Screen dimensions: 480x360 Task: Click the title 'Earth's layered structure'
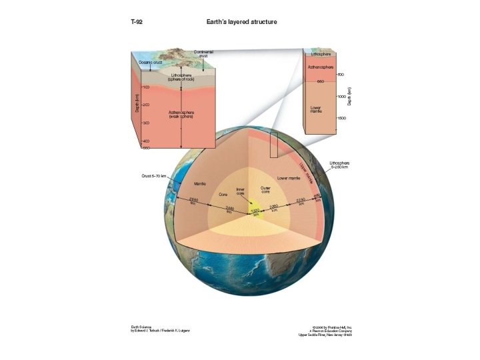[x=241, y=22]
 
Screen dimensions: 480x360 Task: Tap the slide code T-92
[x=136, y=22]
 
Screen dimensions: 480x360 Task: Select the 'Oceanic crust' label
[x=150, y=62]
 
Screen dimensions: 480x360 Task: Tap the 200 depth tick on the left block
[x=145, y=105]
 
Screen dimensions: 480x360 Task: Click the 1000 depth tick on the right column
[x=341, y=97]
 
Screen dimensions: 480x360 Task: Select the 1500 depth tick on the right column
[x=341, y=118]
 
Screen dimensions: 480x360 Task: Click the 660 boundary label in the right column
[x=320, y=81]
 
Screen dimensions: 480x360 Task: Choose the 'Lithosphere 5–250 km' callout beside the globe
[x=340, y=164]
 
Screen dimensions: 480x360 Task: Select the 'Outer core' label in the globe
[x=265, y=190]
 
